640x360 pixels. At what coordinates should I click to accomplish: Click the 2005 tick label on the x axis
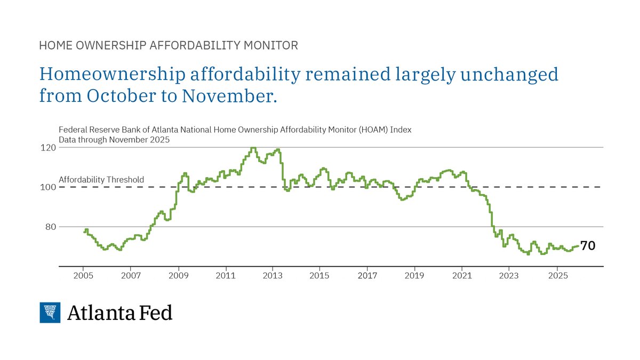pyautogui.click(x=83, y=276)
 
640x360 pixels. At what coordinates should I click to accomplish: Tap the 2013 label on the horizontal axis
pyautogui.click(x=273, y=276)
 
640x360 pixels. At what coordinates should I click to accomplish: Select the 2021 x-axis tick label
pyautogui.click(x=461, y=276)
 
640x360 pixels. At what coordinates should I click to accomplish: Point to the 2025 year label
pyautogui.click(x=556, y=276)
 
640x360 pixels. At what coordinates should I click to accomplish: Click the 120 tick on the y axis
pyautogui.click(x=48, y=148)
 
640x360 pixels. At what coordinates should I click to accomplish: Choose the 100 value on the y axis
pyautogui.click(x=48, y=187)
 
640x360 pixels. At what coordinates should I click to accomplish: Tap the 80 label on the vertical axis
pyautogui.click(x=50, y=227)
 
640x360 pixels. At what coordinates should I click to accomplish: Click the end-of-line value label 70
pyautogui.click(x=588, y=246)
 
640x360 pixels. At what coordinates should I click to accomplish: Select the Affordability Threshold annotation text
pyautogui.click(x=101, y=180)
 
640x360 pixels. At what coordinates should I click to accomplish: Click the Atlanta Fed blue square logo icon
pyautogui.click(x=50, y=313)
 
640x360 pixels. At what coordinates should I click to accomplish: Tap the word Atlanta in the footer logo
pyautogui.click(x=101, y=313)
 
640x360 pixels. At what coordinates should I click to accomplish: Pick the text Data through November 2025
pyautogui.click(x=114, y=140)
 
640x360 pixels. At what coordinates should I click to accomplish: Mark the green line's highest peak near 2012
pyautogui.click(x=253, y=148)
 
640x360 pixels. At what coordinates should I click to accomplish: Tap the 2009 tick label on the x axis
pyautogui.click(x=178, y=276)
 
